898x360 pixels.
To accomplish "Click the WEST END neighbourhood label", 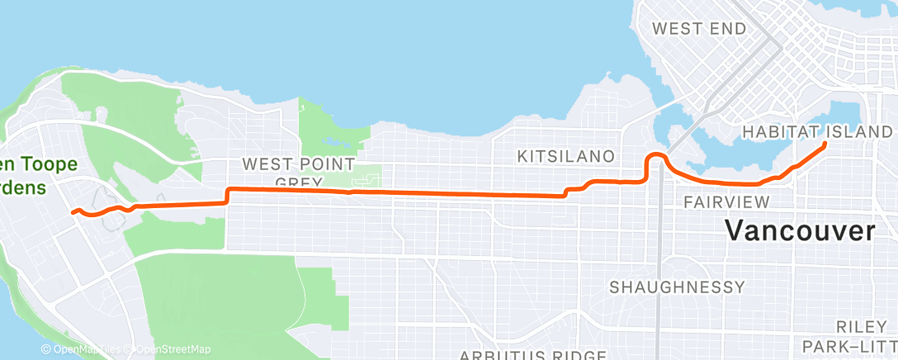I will click(698, 29).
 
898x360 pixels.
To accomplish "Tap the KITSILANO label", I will click(565, 156).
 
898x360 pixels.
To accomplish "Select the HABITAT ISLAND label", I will click(817, 132).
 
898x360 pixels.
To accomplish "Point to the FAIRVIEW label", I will click(726, 202).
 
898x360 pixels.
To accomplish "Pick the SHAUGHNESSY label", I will click(677, 287).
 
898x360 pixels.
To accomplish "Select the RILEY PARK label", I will click(863, 334).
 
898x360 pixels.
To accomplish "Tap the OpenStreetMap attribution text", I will click(169, 350).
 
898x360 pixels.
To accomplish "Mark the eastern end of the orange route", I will click(825, 144).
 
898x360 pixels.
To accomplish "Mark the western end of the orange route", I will click(73, 212).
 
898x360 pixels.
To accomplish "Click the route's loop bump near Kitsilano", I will click(656, 157).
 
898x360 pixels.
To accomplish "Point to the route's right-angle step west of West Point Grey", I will click(226, 196).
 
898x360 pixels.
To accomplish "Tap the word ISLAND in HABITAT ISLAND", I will click(863, 132).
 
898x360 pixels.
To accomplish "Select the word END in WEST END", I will click(730, 29).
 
